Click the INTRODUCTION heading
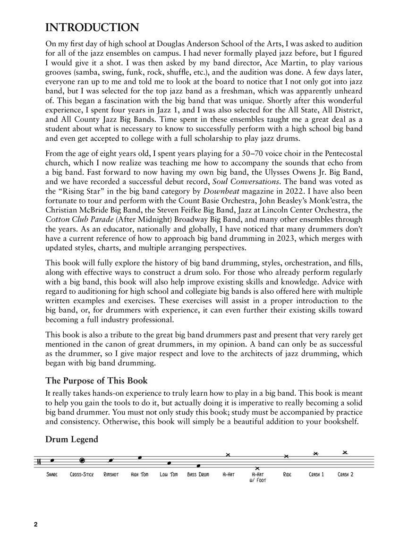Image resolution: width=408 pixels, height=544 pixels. pyautogui.click(x=92, y=27)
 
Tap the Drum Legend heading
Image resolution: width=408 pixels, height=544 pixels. pyautogui.click(x=72, y=440)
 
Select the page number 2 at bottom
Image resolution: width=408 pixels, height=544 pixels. pyautogui.click(x=35, y=525)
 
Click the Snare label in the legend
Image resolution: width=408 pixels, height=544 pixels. pyautogui.click(x=52, y=474)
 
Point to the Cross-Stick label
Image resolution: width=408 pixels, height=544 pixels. pyautogui.click(x=82, y=474)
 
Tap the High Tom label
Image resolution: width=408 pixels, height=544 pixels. pyautogui.click(x=140, y=474)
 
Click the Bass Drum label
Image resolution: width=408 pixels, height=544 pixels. pyautogui.click(x=198, y=474)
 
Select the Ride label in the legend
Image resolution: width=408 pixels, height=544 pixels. pyautogui.click(x=287, y=474)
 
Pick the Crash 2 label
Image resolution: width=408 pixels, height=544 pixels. pyautogui.click(x=346, y=474)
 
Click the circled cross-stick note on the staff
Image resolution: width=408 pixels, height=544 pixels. pyautogui.click(x=82, y=460)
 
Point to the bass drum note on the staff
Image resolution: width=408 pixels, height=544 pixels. pyautogui.click(x=198, y=466)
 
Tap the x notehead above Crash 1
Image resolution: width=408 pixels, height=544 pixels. pyautogui.click(x=316, y=454)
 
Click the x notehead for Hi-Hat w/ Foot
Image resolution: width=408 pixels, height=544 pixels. pyautogui.click(x=257, y=468)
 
